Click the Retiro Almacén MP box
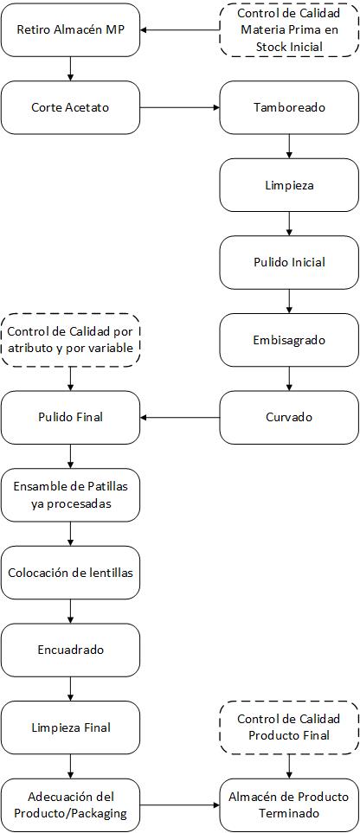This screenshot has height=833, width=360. pyautogui.click(x=70, y=29)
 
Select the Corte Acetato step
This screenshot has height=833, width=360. pyautogui.click(x=70, y=107)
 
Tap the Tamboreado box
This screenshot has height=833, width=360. pyautogui.click(x=289, y=107)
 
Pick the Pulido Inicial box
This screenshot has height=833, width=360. pyautogui.click(x=289, y=262)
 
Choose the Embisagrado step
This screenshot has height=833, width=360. pyautogui.click(x=289, y=340)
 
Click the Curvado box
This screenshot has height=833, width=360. pyautogui.click(x=289, y=418)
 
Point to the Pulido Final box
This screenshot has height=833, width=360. pyautogui.click(x=70, y=418)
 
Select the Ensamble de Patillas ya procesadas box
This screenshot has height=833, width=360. pyautogui.click(x=70, y=495)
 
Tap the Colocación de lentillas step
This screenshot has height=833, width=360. pyautogui.click(x=70, y=573)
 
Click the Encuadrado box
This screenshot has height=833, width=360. pyautogui.click(x=70, y=650)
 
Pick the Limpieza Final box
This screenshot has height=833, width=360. pyautogui.click(x=70, y=727)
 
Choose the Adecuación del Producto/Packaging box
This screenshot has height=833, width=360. pyautogui.click(x=70, y=805)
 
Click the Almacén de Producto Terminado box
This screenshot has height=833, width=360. pyautogui.click(x=289, y=805)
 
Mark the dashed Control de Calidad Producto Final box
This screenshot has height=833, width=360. pyautogui.click(x=289, y=727)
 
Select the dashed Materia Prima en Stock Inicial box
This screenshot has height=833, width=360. pyautogui.click(x=289, y=29)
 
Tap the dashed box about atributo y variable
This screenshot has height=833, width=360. pyautogui.click(x=70, y=340)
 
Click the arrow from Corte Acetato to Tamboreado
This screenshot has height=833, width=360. pyautogui.click(x=180, y=107)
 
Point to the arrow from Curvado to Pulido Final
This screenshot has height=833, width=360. pyautogui.click(x=180, y=418)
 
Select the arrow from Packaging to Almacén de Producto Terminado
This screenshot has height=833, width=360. pyautogui.click(x=180, y=805)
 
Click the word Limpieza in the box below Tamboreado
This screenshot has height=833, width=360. pyautogui.click(x=289, y=186)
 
